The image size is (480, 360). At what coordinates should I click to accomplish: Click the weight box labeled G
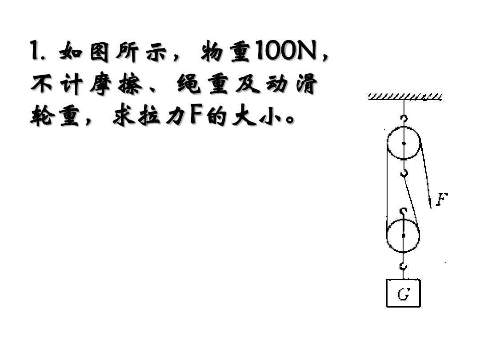point(403,293)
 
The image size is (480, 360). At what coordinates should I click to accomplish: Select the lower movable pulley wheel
point(387,236)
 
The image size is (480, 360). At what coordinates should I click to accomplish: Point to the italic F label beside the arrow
point(442,199)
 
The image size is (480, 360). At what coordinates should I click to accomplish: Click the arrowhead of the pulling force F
point(430,203)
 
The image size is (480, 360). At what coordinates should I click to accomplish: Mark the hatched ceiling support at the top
point(405,97)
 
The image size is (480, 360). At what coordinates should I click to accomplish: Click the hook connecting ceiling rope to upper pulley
point(404,119)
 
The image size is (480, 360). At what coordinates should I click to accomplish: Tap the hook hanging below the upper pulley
point(404,173)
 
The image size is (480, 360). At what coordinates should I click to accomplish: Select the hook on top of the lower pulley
point(404,212)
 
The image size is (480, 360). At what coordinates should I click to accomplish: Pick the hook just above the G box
point(404,266)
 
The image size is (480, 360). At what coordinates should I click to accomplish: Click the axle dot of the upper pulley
point(404,144)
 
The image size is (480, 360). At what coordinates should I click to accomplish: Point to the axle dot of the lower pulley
point(404,236)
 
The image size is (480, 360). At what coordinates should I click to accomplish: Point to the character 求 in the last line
point(124,116)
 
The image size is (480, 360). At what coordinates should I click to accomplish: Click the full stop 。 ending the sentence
point(289,119)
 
